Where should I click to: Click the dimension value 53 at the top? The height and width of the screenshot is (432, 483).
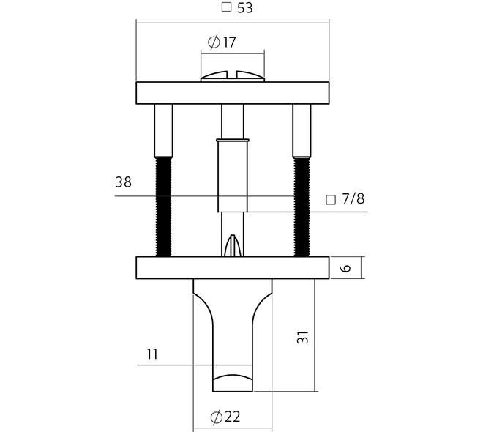pos(245,8)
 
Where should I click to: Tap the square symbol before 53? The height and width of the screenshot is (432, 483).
pos(226,7)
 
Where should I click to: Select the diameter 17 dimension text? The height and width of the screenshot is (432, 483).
pos(222,42)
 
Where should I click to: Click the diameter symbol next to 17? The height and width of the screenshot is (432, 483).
pos(214,42)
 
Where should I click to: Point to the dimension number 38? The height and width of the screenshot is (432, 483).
pos(123,182)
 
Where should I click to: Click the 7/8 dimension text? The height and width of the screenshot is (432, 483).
pos(353,199)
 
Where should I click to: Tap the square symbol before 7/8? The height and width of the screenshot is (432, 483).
pos(331,200)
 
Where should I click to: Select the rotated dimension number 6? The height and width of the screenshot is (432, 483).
pos(346,267)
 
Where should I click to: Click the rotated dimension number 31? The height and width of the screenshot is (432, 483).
pos(302,338)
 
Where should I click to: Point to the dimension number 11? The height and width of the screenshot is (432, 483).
pos(152,354)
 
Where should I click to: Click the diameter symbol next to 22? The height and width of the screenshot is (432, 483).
pos(217,417)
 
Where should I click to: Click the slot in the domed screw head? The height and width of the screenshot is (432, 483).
pos(232,75)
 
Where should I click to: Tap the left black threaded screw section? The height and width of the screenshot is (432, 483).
pos(163,206)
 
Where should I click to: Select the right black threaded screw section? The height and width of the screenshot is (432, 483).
pos(302,206)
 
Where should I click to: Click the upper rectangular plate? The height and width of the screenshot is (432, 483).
pos(233,93)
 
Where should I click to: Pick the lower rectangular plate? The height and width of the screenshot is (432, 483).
pos(233,268)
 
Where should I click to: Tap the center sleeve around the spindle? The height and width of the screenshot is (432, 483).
pos(233,176)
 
